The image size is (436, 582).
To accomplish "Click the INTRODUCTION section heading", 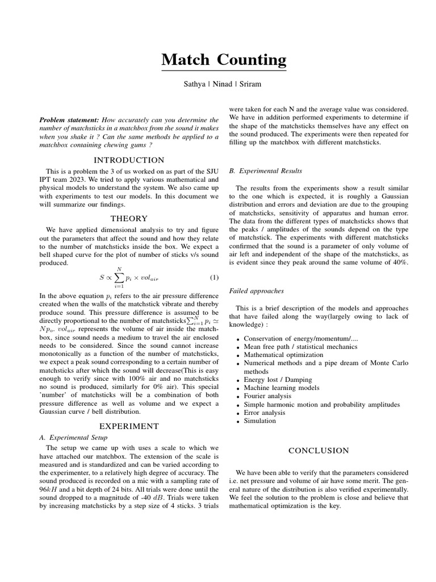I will (129, 160).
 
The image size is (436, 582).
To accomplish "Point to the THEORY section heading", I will (129, 218).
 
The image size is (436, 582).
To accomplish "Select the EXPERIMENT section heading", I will (129, 426).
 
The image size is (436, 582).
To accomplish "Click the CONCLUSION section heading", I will (318, 451).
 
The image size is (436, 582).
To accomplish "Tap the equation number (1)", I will (214, 277).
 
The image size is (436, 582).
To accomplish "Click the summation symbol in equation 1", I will (119, 278).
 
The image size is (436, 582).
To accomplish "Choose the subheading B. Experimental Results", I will (265, 171).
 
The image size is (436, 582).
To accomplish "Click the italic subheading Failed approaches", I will (256, 290).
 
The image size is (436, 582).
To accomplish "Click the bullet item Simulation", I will (259, 421).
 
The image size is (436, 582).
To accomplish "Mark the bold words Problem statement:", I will (69, 120).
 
